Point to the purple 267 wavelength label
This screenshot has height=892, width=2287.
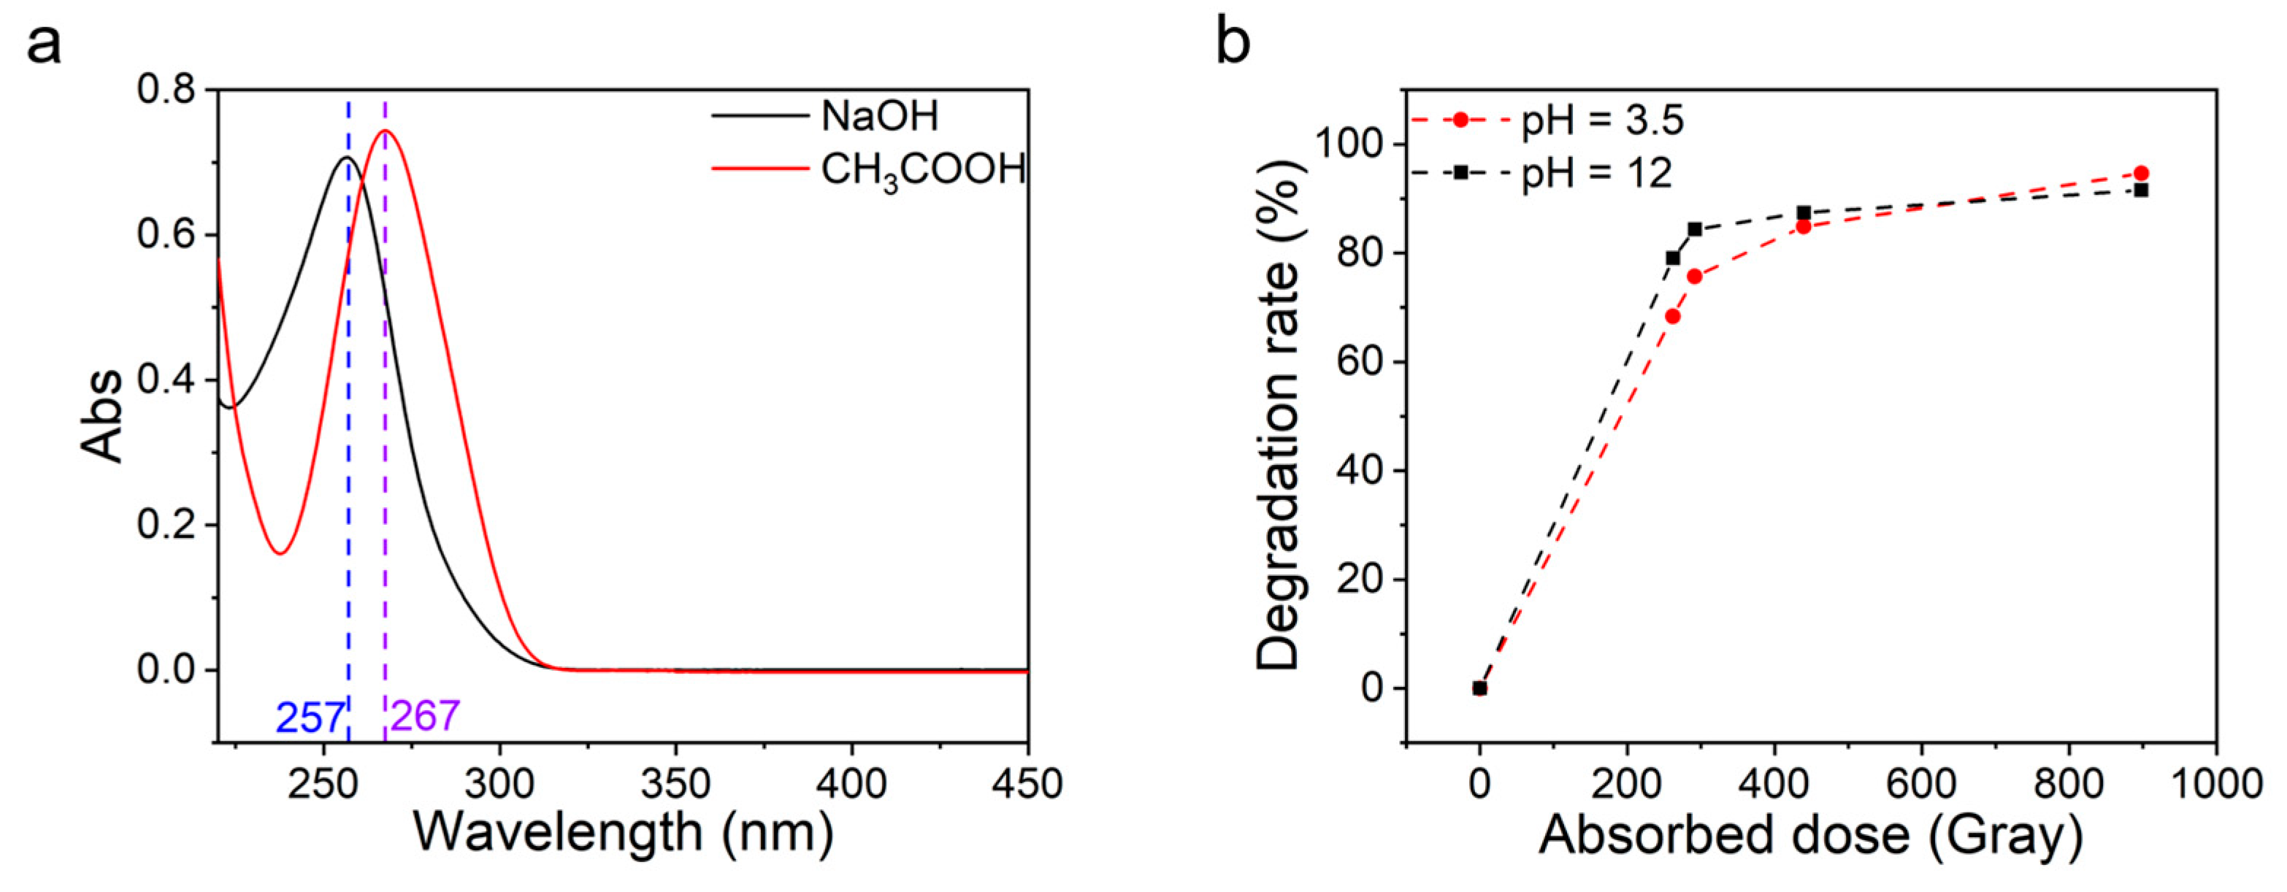tap(424, 715)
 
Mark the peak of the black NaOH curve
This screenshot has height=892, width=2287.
tap(346, 158)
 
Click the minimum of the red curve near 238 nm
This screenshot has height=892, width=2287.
tap(280, 553)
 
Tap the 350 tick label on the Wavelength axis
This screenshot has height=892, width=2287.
tap(675, 784)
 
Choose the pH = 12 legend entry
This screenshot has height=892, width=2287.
tap(1595, 173)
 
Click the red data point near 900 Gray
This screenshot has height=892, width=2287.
tap(2140, 173)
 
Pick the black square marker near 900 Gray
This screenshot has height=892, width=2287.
tap(2140, 190)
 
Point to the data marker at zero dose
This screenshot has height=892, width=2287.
tap(1480, 688)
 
